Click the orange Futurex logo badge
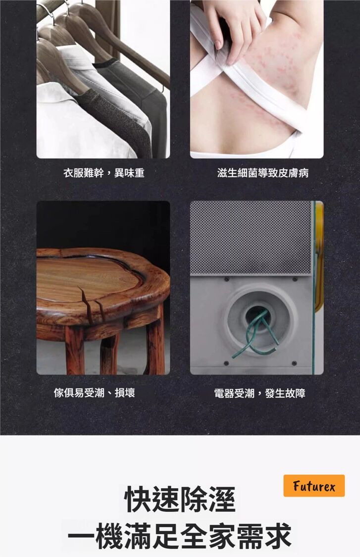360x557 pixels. tap(314, 486)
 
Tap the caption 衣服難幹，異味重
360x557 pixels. tap(104, 173)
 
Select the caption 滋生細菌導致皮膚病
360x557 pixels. tap(263, 173)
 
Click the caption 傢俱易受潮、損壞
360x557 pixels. tap(94, 393)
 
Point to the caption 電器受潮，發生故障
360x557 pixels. tap(260, 393)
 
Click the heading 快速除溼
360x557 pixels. tap(180, 500)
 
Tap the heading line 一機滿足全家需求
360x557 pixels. tap(180, 536)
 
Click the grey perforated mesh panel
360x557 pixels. tap(251, 237)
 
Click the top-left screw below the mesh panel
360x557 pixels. tap(226, 280)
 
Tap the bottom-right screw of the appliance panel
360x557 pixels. tap(294, 363)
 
